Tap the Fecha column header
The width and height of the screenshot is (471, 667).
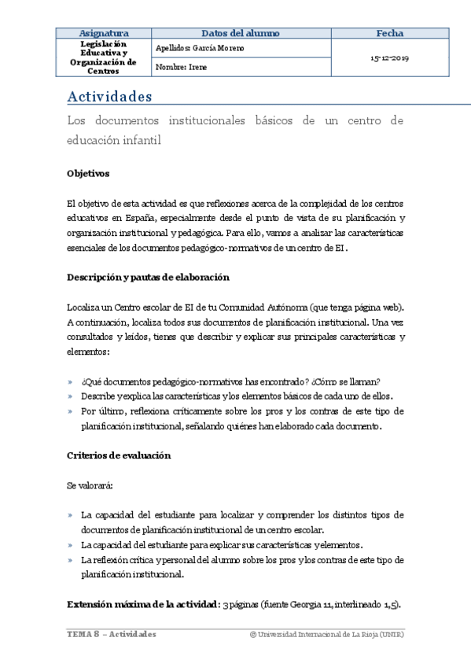(x=390, y=33)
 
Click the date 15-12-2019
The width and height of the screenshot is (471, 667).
(x=390, y=58)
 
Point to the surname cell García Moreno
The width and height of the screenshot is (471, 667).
(x=201, y=48)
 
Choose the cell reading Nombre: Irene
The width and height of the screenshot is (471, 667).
(x=180, y=68)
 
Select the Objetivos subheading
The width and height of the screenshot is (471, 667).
(x=88, y=173)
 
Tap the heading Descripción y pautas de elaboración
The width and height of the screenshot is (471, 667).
(x=148, y=277)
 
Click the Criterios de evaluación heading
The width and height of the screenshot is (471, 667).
(x=119, y=455)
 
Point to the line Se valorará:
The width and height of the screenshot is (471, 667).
(x=90, y=486)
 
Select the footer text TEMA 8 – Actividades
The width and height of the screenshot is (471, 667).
(x=111, y=634)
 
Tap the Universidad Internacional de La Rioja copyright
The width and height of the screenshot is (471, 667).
(x=326, y=634)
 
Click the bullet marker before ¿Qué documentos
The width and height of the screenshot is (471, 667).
(x=71, y=382)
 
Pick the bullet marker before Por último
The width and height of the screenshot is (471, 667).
(x=71, y=412)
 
